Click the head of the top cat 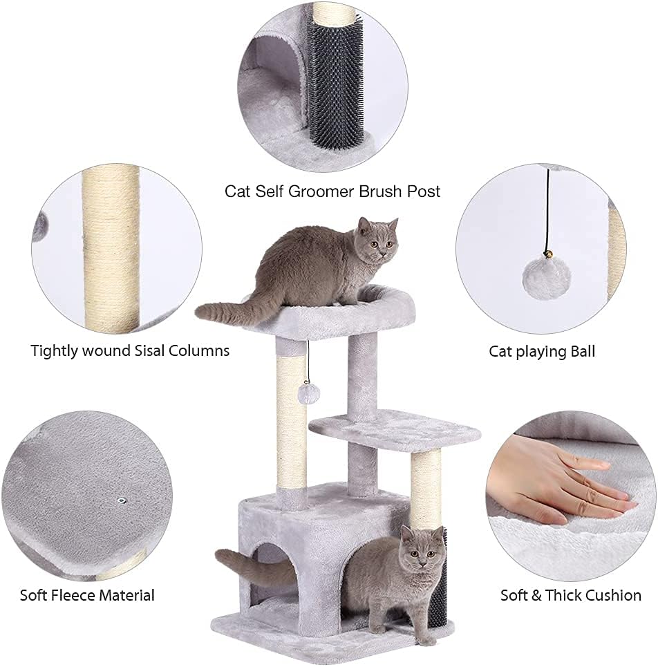tap(375, 240)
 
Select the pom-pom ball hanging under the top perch tap(308, 395)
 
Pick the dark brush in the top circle tap(336, 83)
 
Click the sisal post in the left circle tap(110, 249)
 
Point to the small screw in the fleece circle tap(122, 499)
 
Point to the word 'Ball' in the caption tap(579, 351)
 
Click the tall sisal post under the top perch tap(292, 422)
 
